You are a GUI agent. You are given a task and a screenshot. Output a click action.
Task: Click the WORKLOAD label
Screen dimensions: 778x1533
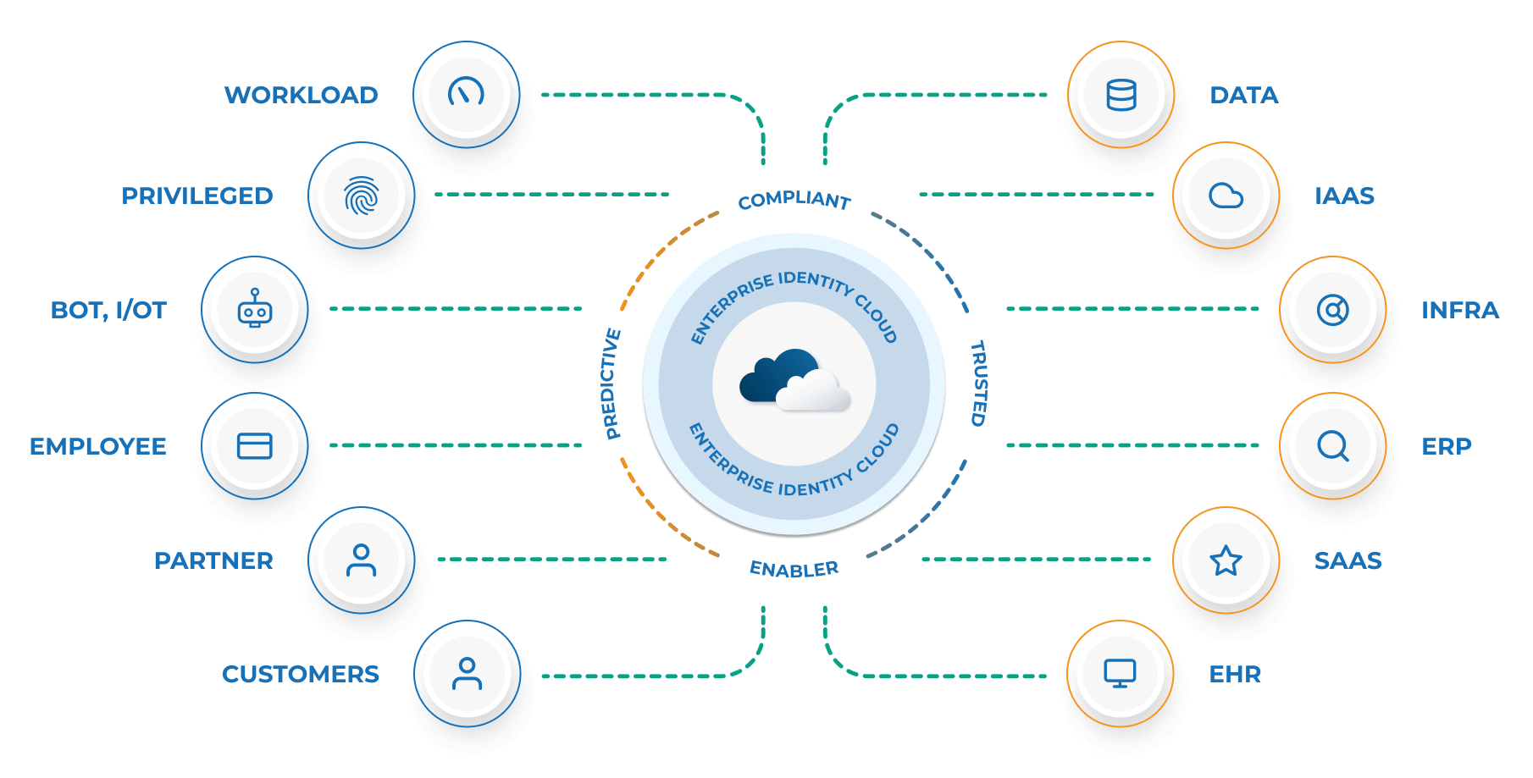301,95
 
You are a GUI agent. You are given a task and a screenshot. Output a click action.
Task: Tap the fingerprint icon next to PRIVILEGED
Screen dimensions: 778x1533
362,196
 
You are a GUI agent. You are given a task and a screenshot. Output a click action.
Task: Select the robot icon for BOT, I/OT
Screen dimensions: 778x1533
255,309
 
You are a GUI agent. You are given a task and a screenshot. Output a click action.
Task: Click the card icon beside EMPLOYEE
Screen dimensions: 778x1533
255,445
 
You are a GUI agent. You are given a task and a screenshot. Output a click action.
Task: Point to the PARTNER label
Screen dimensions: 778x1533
213,560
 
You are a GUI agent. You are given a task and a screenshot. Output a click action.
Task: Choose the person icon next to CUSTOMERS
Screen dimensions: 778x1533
467,674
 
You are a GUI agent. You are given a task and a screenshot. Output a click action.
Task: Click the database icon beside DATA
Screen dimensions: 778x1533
1121,95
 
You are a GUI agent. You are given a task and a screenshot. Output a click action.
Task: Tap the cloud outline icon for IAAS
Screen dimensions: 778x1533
1226,196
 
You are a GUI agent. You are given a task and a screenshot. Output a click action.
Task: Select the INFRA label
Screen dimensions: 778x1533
1459,310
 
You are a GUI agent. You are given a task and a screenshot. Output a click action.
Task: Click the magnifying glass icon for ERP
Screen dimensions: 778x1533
1332,445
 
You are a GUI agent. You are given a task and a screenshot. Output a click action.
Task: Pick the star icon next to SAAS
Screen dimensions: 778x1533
1226,560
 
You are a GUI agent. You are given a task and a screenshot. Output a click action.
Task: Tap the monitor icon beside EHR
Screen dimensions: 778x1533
1120,674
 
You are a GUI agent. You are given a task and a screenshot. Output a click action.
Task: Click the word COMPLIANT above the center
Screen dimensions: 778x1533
794,201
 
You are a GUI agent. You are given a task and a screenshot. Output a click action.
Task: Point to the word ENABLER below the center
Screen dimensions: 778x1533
794,569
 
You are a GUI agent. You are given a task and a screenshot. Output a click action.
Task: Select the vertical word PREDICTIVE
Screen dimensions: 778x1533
612,383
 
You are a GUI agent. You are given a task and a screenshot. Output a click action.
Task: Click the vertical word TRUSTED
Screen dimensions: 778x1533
978,383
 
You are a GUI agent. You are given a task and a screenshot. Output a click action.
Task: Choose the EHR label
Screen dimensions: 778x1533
1235,674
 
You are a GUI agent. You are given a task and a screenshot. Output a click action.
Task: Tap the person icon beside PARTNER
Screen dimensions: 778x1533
362,560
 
